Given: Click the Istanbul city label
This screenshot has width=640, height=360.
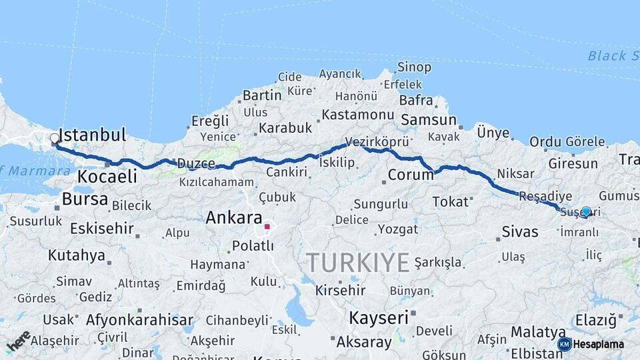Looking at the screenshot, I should [x=93, y=135].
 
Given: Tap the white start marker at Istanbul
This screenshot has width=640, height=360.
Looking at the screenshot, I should [x=55, y=139].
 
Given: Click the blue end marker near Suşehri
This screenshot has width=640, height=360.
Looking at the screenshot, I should [x=586, y=211].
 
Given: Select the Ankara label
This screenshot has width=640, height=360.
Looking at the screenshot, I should [x=233, y=217].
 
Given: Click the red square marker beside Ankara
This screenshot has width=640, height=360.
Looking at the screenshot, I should [x=267, y=227].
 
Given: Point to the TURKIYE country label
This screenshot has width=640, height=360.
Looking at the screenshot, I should [x=357, y=263].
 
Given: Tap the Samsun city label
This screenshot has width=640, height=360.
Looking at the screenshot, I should [x=428, y=121].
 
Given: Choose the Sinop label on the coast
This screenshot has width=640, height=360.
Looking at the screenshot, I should [x=414, y=67].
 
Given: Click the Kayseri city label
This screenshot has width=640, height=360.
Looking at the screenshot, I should [x=378, y=317].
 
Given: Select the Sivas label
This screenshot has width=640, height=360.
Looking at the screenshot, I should [x=519, y=232].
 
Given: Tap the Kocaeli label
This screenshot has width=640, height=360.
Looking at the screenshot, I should [x=107, y=177].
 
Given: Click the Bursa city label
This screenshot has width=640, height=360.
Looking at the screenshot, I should [x=85, y=199].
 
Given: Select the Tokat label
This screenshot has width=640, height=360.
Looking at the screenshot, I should [x=450, y=201].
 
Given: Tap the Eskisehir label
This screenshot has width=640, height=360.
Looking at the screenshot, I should [x=93, y=229].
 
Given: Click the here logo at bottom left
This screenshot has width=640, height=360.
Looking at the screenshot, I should [x=19, y=341].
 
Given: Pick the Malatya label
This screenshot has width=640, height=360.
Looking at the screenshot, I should [x=538, y=331].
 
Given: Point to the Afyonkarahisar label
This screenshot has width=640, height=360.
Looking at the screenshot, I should [x=139, y=319].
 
